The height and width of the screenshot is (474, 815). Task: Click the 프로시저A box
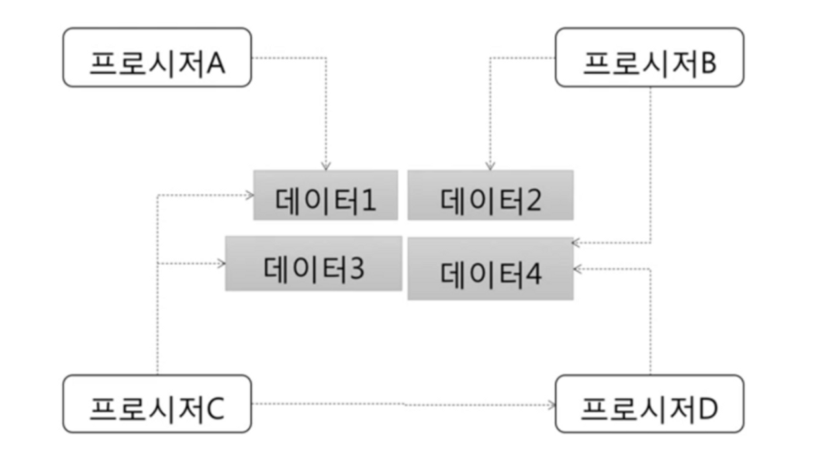(157, 57)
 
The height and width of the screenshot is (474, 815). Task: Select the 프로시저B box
(649, 57)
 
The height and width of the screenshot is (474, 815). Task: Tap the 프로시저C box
(157, 404)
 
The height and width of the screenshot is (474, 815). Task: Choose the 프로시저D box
(649, 404)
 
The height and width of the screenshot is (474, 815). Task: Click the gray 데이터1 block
(325, 195)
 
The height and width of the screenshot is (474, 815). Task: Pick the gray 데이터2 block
(490, 195)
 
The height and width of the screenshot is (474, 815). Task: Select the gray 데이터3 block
(313, 264)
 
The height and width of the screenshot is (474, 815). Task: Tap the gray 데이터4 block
(490, 269)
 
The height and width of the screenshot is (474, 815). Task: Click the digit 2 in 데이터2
(532, 201)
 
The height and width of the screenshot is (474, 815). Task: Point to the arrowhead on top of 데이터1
(326, 167)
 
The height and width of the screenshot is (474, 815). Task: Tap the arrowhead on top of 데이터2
(490, 167)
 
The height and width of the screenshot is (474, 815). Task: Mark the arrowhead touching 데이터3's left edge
(222, 264)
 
